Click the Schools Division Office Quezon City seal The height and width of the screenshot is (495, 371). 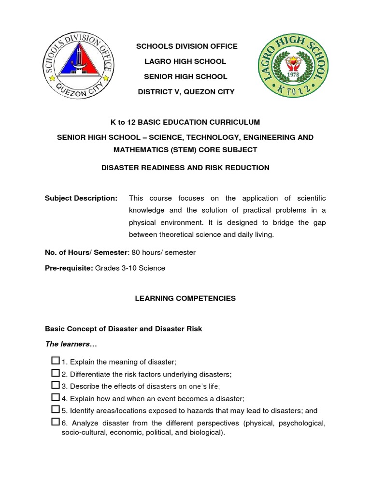click(79, 68)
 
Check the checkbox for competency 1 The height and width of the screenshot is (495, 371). click(55, 361)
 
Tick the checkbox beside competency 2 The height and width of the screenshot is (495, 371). click(55, 373)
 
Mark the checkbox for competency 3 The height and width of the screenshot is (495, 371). click(55, 385)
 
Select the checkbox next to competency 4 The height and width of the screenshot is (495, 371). click(55, 397)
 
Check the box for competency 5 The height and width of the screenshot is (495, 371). click(55, 410)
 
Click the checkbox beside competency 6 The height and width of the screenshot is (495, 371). click(55, 422)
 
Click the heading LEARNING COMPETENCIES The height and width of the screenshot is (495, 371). click(185, 298)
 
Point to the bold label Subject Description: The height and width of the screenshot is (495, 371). click(81, 198)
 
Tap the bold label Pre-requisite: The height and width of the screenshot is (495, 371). click(69, 268)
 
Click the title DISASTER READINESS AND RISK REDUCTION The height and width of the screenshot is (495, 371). click(185, 168)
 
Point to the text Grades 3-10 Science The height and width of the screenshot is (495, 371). click(130, 268)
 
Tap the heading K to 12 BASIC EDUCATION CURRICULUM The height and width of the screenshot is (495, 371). click(185, 122)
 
